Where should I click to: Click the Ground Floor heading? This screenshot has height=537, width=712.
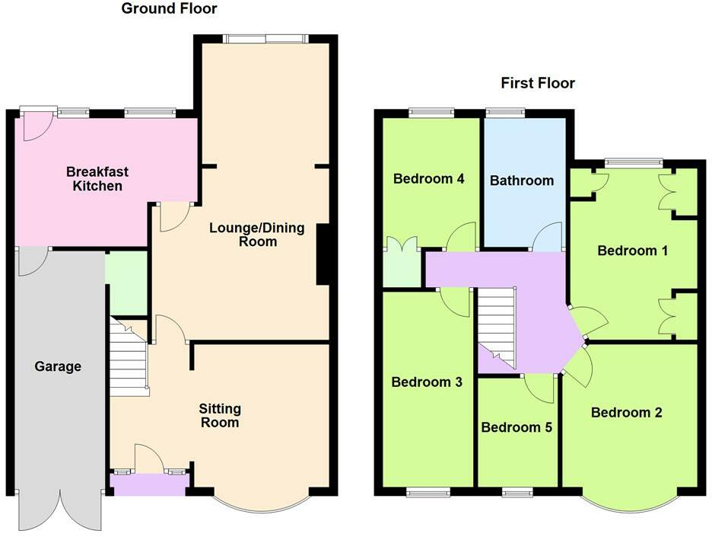169,9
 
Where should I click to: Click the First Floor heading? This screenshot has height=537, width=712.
538,83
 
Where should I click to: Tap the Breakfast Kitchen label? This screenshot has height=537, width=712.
94,178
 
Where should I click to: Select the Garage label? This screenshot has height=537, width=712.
58,366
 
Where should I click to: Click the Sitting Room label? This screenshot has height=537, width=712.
220,415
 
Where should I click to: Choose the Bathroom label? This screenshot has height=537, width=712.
522,181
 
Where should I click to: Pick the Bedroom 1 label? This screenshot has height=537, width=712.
633,250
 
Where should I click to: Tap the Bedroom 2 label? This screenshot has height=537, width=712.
627,412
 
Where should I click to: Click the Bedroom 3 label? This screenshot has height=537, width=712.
427,382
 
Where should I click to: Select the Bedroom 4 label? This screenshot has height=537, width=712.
429,179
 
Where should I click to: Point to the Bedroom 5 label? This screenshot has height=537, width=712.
517,427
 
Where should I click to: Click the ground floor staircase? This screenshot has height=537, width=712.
129,356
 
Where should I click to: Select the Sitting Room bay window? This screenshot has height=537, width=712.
262,504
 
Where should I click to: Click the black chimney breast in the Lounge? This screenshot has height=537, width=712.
323,254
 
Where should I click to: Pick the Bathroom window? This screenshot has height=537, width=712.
505,113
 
